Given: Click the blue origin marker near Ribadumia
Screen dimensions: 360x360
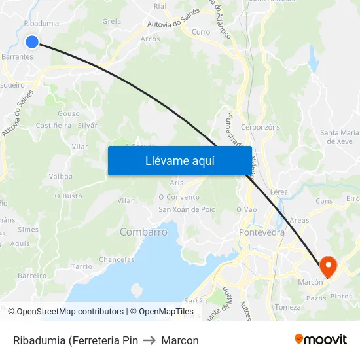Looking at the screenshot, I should [32, 42].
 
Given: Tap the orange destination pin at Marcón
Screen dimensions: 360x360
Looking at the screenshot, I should [327, 265].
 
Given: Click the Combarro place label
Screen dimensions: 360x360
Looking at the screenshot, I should [143, 232].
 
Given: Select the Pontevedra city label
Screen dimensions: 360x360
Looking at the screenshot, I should [262, 232].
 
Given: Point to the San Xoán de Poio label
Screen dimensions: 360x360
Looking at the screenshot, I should [187, 209].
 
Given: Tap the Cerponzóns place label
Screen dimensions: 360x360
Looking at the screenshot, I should [261, 127].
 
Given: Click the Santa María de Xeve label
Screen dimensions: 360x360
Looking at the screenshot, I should [339, 137].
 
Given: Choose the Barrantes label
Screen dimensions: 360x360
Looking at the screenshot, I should [18, 57].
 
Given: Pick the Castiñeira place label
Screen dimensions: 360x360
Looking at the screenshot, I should [53, 125].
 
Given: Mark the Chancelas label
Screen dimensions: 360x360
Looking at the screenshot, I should [117, 260].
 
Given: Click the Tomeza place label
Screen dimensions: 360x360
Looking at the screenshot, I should [288, 307].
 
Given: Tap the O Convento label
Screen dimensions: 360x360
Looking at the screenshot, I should [179, 196].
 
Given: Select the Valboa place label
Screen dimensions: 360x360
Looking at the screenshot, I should [61, 177].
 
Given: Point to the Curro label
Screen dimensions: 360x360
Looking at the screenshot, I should [201, 31].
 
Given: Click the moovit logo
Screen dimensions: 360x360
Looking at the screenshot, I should [321, 339].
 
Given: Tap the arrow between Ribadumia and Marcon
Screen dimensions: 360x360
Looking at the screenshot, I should [149, 340].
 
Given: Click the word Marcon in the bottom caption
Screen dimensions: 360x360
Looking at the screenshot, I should [180, 340].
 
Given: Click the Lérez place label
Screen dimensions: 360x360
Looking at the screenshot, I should [278, 192].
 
